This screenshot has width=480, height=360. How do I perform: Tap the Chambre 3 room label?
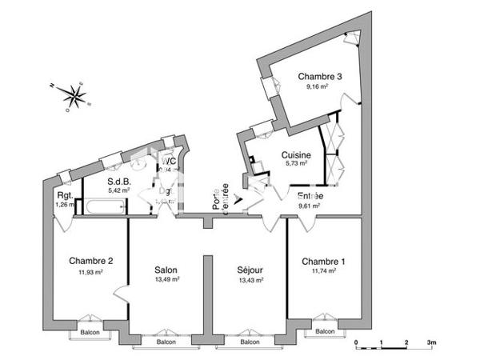click(320, 77)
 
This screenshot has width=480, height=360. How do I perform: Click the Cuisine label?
click(296, 155)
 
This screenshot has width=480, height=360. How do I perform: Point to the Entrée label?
click(310, 196)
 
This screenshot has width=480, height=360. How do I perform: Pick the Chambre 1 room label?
click(323, 261)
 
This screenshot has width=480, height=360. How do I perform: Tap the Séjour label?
click(250, 270)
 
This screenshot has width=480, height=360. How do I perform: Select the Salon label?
click(166, 270)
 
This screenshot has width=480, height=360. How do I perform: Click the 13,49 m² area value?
click(166, 280)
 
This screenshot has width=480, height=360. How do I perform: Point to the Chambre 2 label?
click(90, 261)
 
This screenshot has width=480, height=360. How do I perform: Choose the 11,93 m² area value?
click(90, 271)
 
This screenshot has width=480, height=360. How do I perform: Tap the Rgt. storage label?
click(65, 195)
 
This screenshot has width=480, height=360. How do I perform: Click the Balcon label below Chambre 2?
click(89, 331)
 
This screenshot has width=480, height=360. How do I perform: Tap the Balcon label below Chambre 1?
click(324, 331)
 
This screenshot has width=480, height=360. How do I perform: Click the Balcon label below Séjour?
click(250, 342)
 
